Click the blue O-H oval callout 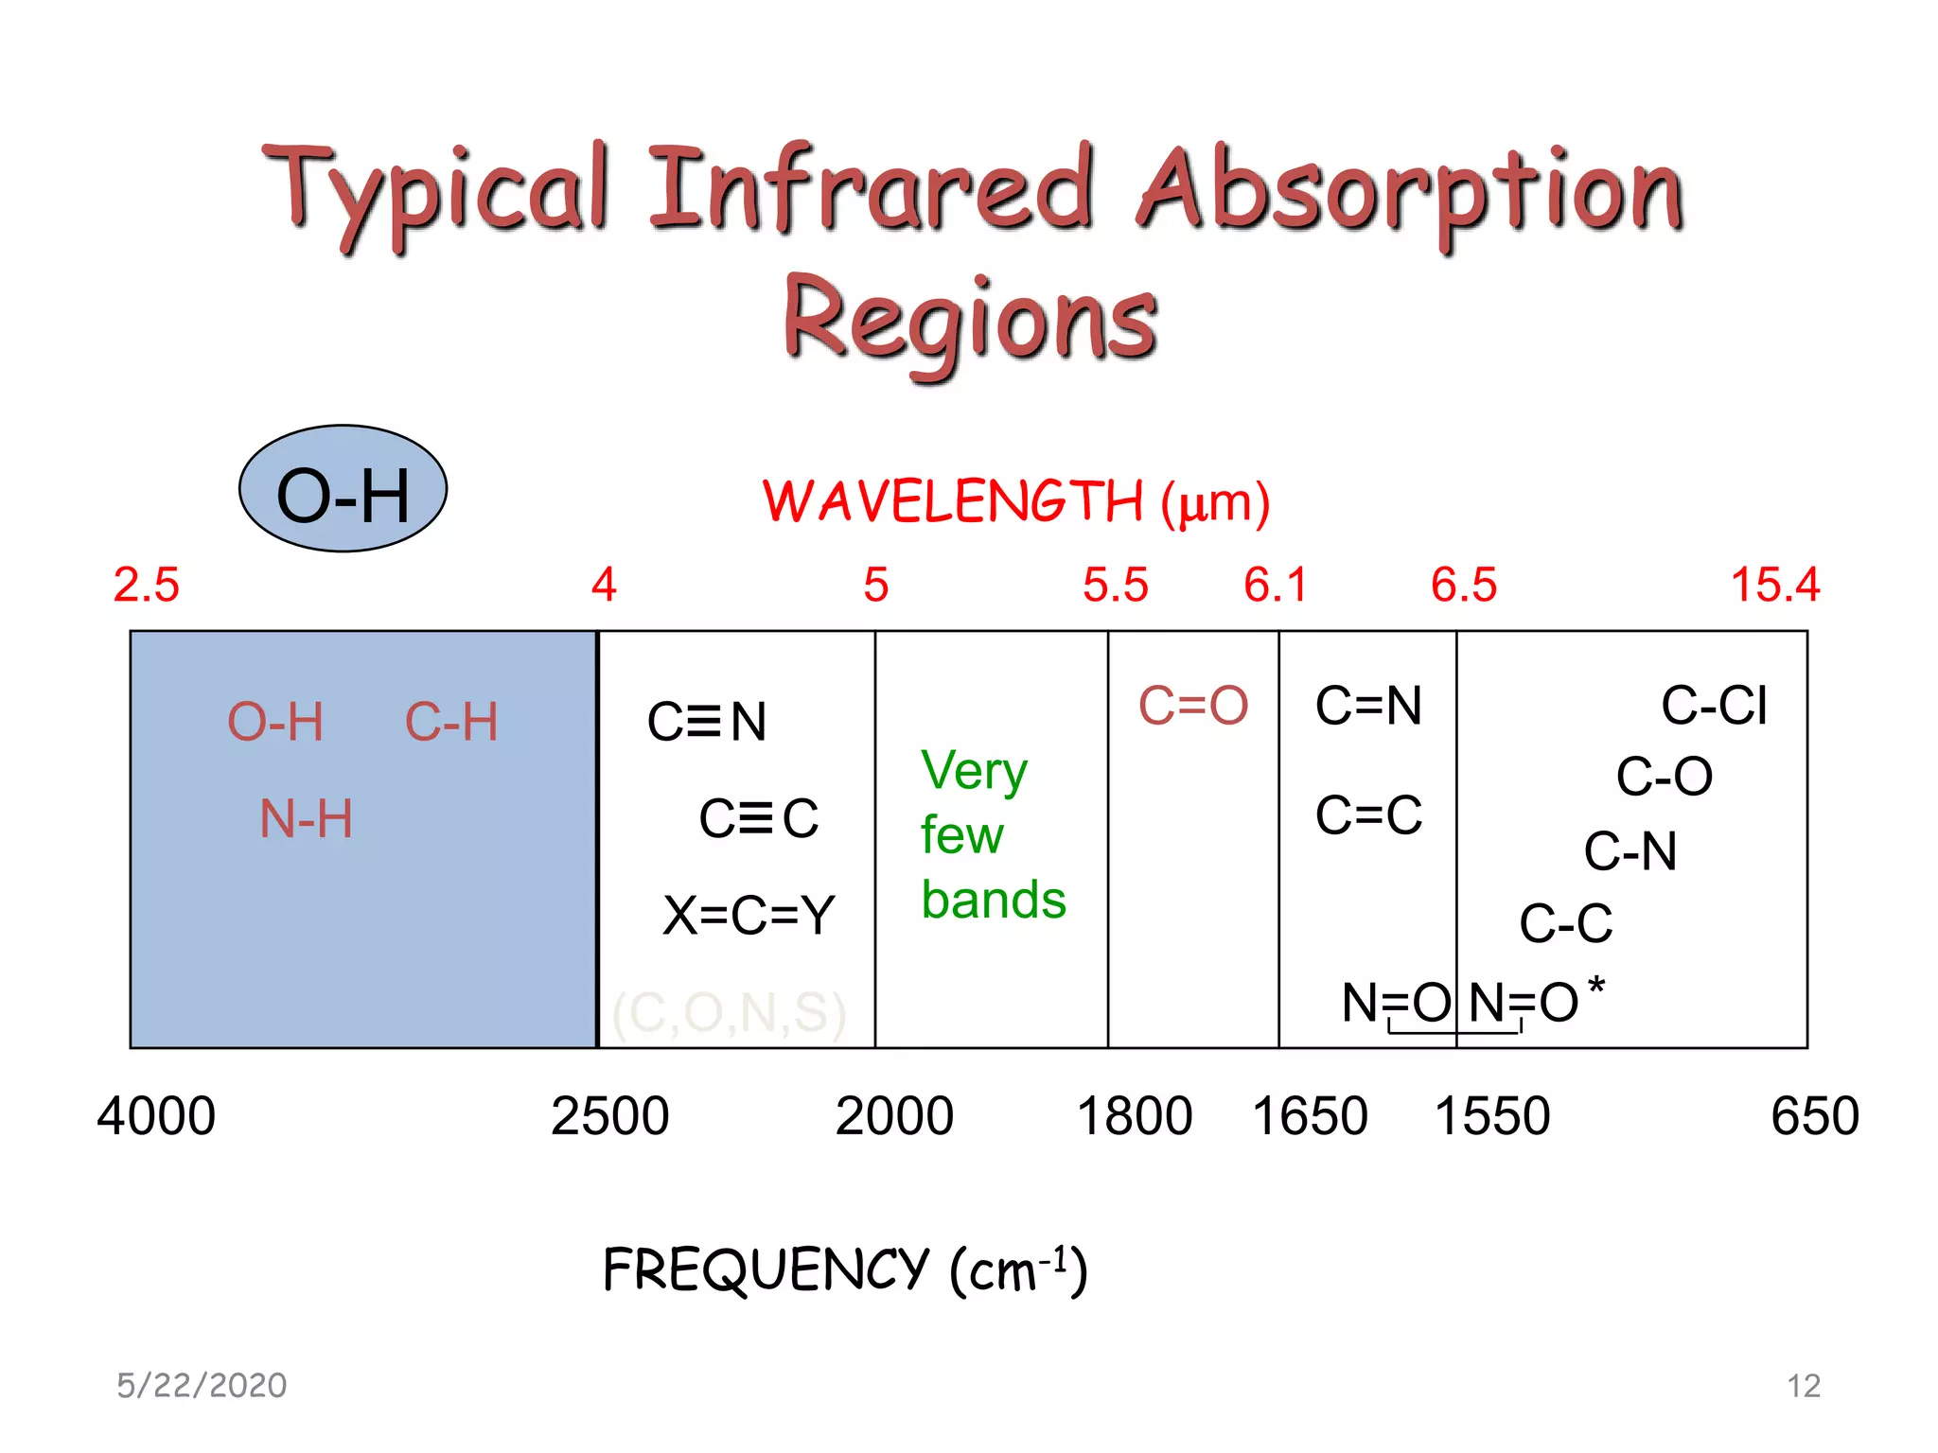(343, 489)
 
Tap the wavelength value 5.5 (1115, 585)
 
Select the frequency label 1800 (1134, 1116)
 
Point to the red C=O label (1192, 706)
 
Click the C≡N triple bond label (706, 722)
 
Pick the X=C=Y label (748, 916)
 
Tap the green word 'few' (961, 835)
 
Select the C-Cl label (1714, 706)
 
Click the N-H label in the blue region (306, 819)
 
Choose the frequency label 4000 (156, 1116)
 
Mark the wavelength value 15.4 (1774, 585)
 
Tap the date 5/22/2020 (202, 1386)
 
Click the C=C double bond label (1368, 815)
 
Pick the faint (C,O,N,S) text (729, 1013)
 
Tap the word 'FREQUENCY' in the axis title (766, 1269)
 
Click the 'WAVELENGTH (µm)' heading (1016, 501)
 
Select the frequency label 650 (1814, 1116)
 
